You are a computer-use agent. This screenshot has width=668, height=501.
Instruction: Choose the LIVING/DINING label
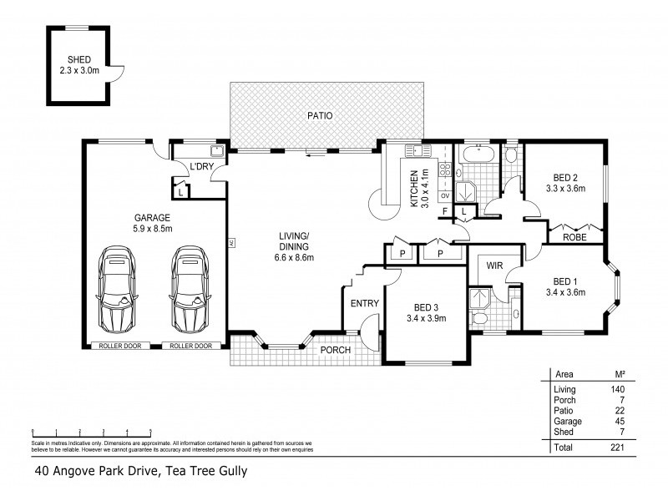coord(294,246)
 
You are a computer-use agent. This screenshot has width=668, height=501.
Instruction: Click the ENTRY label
coord(364,303)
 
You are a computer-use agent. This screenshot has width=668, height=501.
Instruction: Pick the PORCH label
coord(335,349)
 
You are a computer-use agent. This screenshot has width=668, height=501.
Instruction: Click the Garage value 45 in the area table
coord(616,422)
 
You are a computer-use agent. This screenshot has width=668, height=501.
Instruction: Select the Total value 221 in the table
coord(616,448)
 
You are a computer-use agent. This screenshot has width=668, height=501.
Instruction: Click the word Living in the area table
coord(564,389)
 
